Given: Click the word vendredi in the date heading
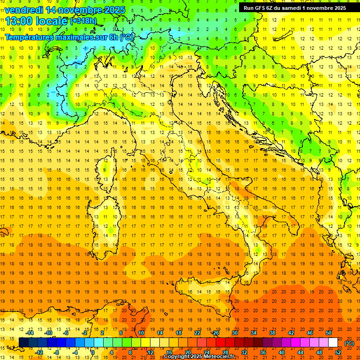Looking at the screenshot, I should (23, 10).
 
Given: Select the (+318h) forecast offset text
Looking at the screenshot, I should (83, 21).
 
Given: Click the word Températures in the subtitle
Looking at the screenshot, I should (28, 37).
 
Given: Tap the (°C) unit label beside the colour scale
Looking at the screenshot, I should (349, 343).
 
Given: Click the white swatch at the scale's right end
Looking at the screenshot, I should (333, 343).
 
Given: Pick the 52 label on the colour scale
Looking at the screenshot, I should (338, 352).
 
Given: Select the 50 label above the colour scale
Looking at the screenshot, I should (329, 333).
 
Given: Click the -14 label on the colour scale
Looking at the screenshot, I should (30, 333).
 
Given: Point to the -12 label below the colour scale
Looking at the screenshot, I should (39, 352).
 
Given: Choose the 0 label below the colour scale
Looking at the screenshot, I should (93, 352).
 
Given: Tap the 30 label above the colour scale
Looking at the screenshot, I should (235, 333).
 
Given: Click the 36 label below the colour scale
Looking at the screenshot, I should (263, 352).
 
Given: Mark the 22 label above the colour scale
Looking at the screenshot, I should (197, 333).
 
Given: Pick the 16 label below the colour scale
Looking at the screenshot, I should (169, 352).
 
